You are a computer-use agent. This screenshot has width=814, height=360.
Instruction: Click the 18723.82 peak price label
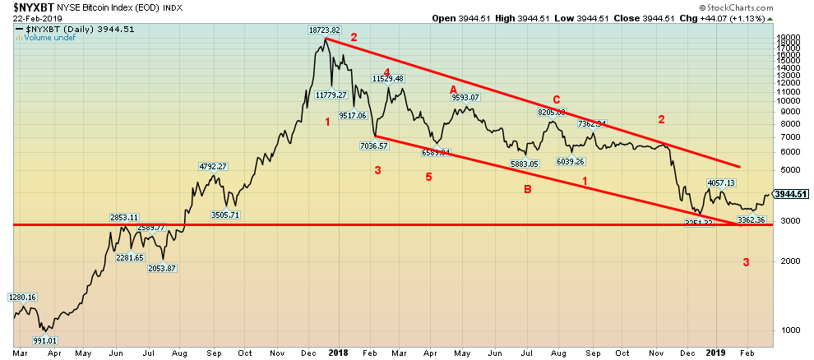[x=325, y=30]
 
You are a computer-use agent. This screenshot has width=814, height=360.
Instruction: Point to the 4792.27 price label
[x=211, y=167]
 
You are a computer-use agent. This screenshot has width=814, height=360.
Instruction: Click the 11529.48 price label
[x=388, y=79]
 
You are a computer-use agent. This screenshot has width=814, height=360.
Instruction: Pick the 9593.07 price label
[x=465, y=98]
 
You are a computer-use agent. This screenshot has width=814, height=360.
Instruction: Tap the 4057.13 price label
[x=720, y=182]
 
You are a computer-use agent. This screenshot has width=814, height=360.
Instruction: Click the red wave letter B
[x=527, y=190]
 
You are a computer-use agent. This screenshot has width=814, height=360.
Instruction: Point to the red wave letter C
[x=556, y=99]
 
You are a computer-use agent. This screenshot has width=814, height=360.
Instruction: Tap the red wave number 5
[x=428, y=176]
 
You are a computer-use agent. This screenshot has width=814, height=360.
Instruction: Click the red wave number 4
[x=386, y=72]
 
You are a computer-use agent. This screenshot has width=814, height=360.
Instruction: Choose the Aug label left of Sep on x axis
[x=178, y=353]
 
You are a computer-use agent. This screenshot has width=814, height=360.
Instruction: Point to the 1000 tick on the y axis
[x=787, y=330]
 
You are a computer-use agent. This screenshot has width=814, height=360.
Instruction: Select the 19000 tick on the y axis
[x=789, y=38]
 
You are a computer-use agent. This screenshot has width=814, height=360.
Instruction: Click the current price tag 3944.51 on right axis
[x=793, y=195]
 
